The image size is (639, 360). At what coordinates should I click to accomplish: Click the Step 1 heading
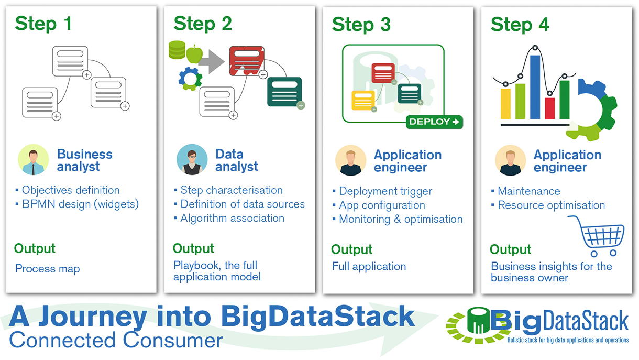(x=43, y=24)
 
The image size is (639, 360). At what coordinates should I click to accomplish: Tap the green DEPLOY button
(x=434, y=122)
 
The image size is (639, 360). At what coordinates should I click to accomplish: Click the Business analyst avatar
(x=33, y=160)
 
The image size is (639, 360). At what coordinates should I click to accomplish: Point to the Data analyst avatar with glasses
(x=192, y=160)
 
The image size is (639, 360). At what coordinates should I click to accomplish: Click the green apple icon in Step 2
(x=194, y=53)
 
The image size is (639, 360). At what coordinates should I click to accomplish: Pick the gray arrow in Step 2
(x=212, y=62)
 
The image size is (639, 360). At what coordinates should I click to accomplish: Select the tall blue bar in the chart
(x=535, y=86)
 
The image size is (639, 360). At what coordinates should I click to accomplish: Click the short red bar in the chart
(x=550, y=108)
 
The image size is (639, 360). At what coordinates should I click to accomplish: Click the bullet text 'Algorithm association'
(x=232, y=219)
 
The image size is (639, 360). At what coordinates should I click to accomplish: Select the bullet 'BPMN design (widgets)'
(x=80, y=204)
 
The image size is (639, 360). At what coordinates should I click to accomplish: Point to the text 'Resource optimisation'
(x=551, y=205)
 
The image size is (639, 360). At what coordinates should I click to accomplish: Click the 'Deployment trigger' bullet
(x=385, y=191)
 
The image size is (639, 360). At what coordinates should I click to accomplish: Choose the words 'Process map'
(x=48, y=269)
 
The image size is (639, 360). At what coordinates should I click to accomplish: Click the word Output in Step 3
(x=352, y=249)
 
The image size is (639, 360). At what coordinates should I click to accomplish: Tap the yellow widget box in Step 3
(x=363, y=100)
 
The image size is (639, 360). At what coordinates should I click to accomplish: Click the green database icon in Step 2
(x=177, y=50)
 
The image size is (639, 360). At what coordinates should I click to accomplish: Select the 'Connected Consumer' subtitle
(x=116, y=340)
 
